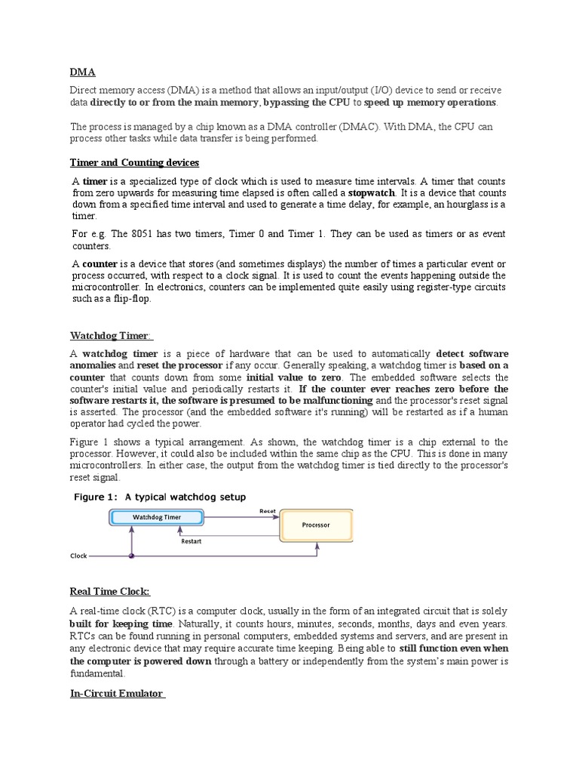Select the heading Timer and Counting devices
pos(134,162)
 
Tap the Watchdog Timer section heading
pos(110,334)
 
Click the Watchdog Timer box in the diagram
pos(157,517)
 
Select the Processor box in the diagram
pos(315,525)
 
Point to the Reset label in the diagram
pos(268,511)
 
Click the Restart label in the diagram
pos(191,540)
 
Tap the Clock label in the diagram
pos(79,556)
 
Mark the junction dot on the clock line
pos(132,556)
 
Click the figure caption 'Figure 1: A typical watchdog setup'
pos(159,496)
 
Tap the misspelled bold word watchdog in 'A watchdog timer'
pos(108,353)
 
